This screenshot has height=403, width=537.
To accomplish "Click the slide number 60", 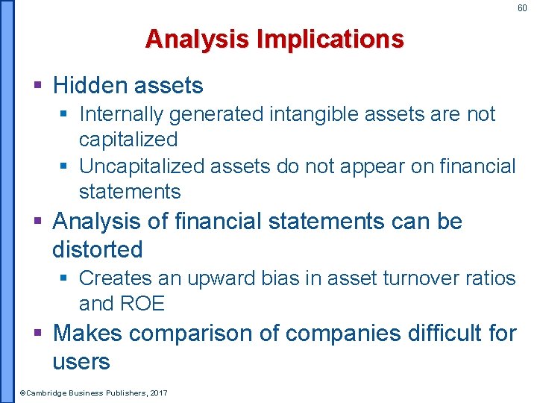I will click(x=522, y=8).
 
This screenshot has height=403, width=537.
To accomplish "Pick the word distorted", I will click(x=97, y=249).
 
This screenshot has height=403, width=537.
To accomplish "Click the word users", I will click(x=81, y=362).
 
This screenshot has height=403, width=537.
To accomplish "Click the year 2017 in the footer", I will click(x=158, y=393).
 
